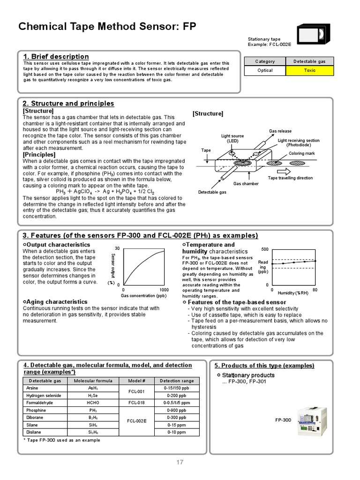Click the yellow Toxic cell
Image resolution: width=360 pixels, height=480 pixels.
pos(309,70)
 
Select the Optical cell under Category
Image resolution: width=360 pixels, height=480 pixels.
pos(265,70)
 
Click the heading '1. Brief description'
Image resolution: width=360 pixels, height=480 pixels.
pos(56,57)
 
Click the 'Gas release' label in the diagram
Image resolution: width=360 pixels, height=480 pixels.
pos(280,131)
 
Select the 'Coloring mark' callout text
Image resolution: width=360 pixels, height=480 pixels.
pos(301,153)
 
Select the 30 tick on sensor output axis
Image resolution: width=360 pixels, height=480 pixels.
pos(117,248)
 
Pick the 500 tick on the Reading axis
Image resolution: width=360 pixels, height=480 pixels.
pos(265,249)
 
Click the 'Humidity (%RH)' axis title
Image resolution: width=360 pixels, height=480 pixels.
pos(293,293)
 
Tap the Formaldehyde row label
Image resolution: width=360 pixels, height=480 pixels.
pos(40,403)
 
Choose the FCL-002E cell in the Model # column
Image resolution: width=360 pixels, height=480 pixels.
pos(137,421)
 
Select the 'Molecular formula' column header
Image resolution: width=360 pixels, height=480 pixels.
pos(93,381)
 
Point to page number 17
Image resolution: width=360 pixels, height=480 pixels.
pos(180,462)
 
